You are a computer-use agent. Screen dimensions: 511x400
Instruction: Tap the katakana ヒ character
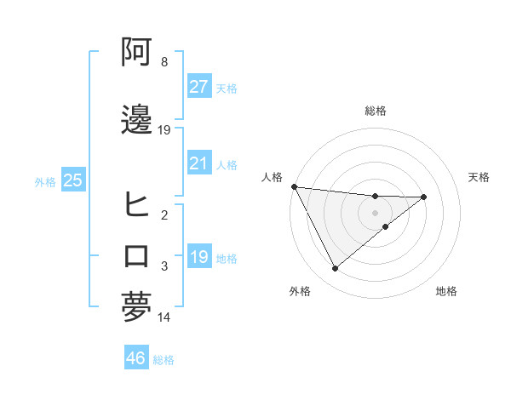click(x=136, y=205)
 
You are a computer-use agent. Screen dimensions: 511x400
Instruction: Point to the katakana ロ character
click(x=136, y=256)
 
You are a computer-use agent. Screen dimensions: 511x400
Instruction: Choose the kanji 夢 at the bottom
click(x=136, y=307)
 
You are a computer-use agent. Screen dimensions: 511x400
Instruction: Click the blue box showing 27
click(x=198, y=87)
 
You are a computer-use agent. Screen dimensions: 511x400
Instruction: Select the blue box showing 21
click(x=198, y=163)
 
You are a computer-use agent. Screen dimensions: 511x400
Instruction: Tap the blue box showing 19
click(x=198, y=257)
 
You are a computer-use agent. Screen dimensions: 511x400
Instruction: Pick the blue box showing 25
click(x=72, y=180)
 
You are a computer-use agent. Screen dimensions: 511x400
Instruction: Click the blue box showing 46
click(x=135, y=358)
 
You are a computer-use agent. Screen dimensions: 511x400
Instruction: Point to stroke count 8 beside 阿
click(x=164, y=62)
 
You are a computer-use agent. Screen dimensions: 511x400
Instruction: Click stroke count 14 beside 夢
click(x=164, y=317)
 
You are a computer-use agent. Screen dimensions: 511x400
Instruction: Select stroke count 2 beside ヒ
click(x=164, y=215)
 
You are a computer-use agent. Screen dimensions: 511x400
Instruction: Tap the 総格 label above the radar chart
click(x=376, y=111)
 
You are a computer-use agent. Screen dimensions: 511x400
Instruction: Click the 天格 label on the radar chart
click(x=479, y=177)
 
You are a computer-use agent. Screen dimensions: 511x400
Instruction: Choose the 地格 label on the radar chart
click(x=446, y=291)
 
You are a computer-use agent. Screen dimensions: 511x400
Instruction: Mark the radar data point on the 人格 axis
click(x=294, y=186)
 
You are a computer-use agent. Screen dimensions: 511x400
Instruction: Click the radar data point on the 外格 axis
click(x=335, y=269)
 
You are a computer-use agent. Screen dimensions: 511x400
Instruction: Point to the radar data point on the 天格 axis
click(x=423, y=197)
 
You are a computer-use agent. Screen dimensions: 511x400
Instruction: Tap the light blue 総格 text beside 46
click(x=164, y=360)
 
